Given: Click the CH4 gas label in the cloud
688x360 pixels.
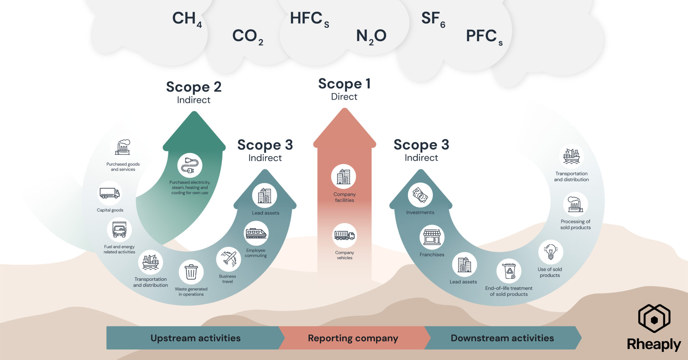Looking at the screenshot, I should click(187, 19).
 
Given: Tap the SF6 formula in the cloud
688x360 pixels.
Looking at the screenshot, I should click(433, 19).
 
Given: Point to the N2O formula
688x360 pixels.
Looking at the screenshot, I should click(371, 36).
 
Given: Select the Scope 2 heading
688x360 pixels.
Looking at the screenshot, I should click(194, 87).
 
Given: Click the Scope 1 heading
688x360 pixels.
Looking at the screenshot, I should click(344, 84).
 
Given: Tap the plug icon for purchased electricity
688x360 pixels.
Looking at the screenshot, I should click(190, 166).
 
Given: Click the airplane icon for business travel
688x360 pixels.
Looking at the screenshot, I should click(229, 259).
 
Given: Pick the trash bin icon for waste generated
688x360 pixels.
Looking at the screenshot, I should click(191, 272).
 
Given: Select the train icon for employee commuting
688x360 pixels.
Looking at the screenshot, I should click(256, 233).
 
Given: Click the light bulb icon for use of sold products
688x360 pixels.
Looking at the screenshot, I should click(551, 252).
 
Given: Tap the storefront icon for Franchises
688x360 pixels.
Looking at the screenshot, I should click(432, 237).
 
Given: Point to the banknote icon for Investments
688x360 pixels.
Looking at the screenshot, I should click(420, 195).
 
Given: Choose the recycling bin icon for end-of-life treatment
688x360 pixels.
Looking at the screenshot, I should click(509, 271).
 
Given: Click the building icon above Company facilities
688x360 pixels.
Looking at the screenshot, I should click(344, 177).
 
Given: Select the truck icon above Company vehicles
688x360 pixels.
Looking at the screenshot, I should click(345, 235).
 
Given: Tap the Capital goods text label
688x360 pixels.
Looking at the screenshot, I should click(110, 210).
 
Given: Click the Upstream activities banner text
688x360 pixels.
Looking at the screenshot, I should click(196, 338).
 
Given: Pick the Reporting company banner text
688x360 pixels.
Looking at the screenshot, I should click(353, 338).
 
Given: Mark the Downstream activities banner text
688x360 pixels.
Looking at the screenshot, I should click(502, 338).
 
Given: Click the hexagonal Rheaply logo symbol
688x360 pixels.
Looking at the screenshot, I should click(654, 319).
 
